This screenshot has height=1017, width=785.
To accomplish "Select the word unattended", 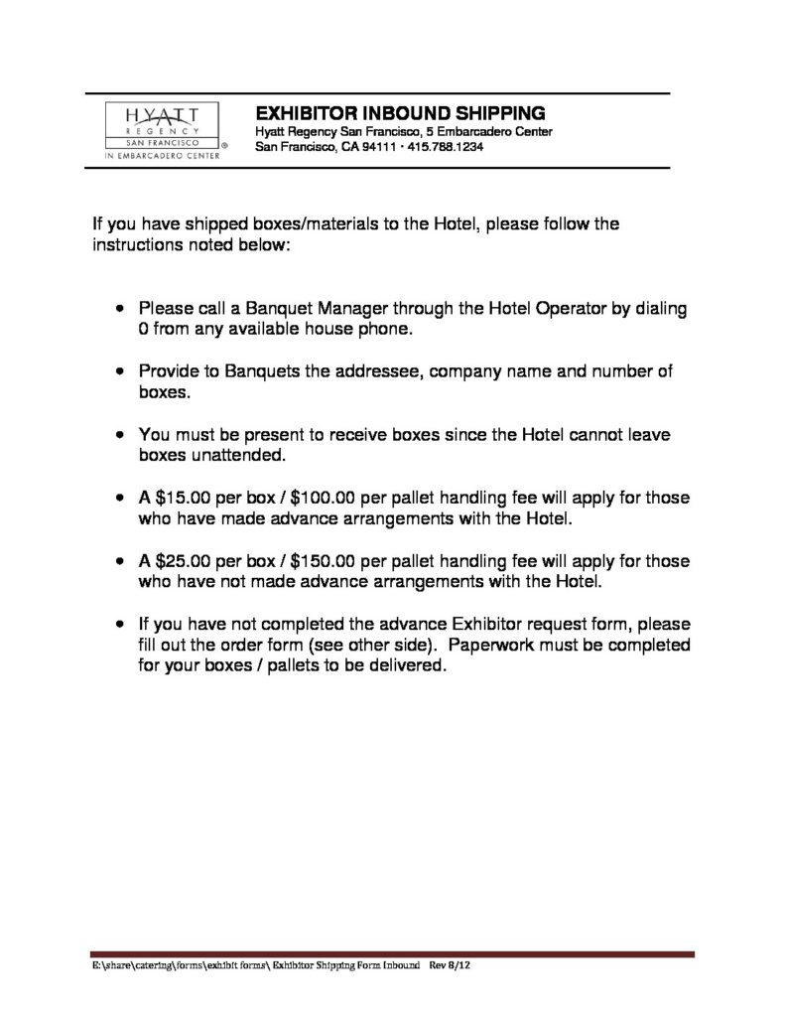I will [236, 456].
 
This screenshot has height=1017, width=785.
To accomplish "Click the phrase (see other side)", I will [371, 646].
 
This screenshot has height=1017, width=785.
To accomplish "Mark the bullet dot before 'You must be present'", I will [120, 435].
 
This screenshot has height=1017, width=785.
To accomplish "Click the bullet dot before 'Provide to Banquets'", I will [120, 371].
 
